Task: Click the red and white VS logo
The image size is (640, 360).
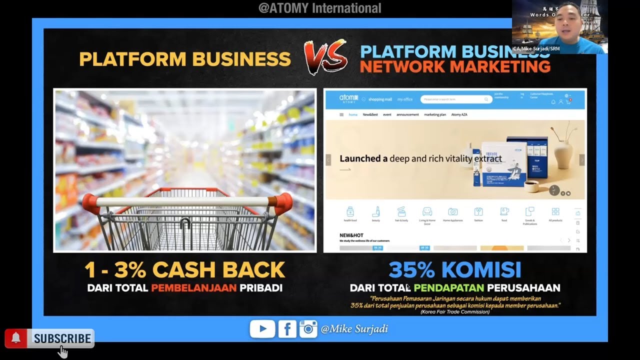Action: pos(325,56)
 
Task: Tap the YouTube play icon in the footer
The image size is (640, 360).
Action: pos(262,328)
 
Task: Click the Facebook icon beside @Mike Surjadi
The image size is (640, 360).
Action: pos(287,329)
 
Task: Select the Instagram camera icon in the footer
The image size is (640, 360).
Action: pos(308,329)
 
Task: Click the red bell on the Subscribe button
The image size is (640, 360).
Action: pos(16,338)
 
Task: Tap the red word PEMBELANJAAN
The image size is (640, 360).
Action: pos(193,288)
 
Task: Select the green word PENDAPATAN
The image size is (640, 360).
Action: pos(448,288)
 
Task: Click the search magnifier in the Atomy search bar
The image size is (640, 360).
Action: pos(486,99)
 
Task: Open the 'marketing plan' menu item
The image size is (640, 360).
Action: pos(434,114)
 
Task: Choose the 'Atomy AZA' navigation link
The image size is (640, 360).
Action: pos(459,114)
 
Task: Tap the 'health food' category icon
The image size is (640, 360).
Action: pos(350,211)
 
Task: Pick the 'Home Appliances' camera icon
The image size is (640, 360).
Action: pos(453,211)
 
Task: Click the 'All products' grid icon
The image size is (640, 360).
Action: pos(555,211)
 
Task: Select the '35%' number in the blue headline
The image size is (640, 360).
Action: pos(411,270)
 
